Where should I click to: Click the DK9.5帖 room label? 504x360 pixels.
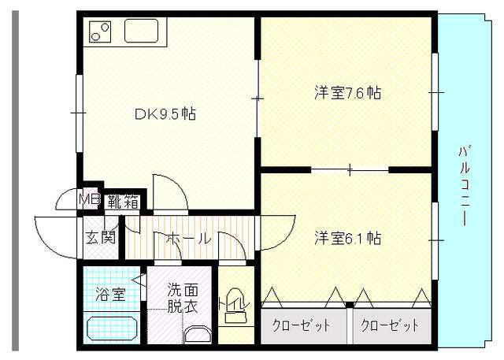165,113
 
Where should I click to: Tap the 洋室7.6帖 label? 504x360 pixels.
347,93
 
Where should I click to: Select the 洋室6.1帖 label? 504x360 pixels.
347,238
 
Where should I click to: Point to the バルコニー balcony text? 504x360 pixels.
464,186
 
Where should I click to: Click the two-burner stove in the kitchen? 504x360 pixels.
100,32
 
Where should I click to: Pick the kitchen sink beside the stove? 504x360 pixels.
142,31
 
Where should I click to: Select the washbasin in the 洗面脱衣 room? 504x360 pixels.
198,334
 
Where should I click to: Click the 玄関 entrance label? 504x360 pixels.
100,238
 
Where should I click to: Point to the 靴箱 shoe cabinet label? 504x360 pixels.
123,202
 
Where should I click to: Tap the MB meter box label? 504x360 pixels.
90,199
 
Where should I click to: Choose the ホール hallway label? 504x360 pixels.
189,238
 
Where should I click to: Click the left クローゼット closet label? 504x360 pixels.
301,325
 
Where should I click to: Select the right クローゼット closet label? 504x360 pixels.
390,325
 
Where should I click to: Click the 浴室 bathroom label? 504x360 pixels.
110,294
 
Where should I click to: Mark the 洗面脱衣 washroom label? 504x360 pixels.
182,298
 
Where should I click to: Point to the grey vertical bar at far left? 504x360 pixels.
16,181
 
